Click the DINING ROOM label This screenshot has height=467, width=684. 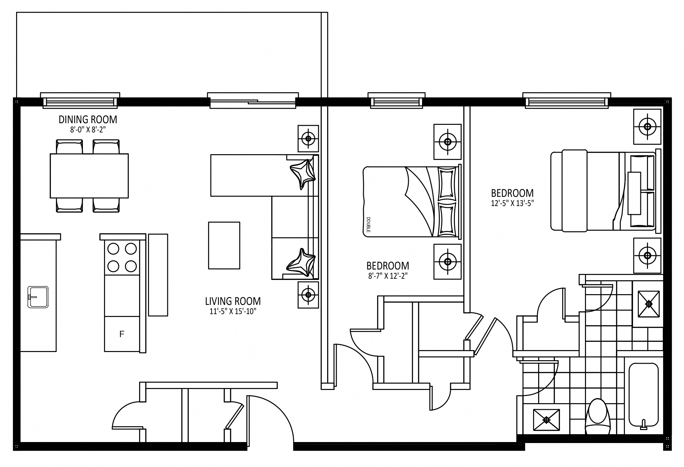(x=88, y=119)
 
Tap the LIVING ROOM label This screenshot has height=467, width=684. (x=233, y=301)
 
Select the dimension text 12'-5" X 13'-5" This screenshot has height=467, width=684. (x=512, y=203)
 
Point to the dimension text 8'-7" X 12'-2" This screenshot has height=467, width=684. (x=388, y=276)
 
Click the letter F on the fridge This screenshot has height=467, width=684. (x=122, y=334)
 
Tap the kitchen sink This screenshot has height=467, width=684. (x=38, y=297)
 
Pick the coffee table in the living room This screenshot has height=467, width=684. (x=224, y=245)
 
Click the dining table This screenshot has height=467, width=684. (x=89, y=176)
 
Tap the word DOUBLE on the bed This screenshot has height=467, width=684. (x=368, y=225)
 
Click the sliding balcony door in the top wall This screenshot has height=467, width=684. (x=253, y=101)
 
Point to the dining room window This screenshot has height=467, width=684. (x=80, y=101)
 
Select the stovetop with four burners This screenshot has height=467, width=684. (x=122, y=258)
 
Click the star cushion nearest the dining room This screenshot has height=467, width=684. (x=302, y=174)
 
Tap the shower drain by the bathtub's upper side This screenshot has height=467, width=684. (x=649, y=304)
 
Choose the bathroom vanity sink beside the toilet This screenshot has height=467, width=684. (x=546, y=420)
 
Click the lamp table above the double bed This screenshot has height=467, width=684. (x=447, y=142)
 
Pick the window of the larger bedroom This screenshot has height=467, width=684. (x=567, y=101)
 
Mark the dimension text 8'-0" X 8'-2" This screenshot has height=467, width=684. (x=88, y=129)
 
